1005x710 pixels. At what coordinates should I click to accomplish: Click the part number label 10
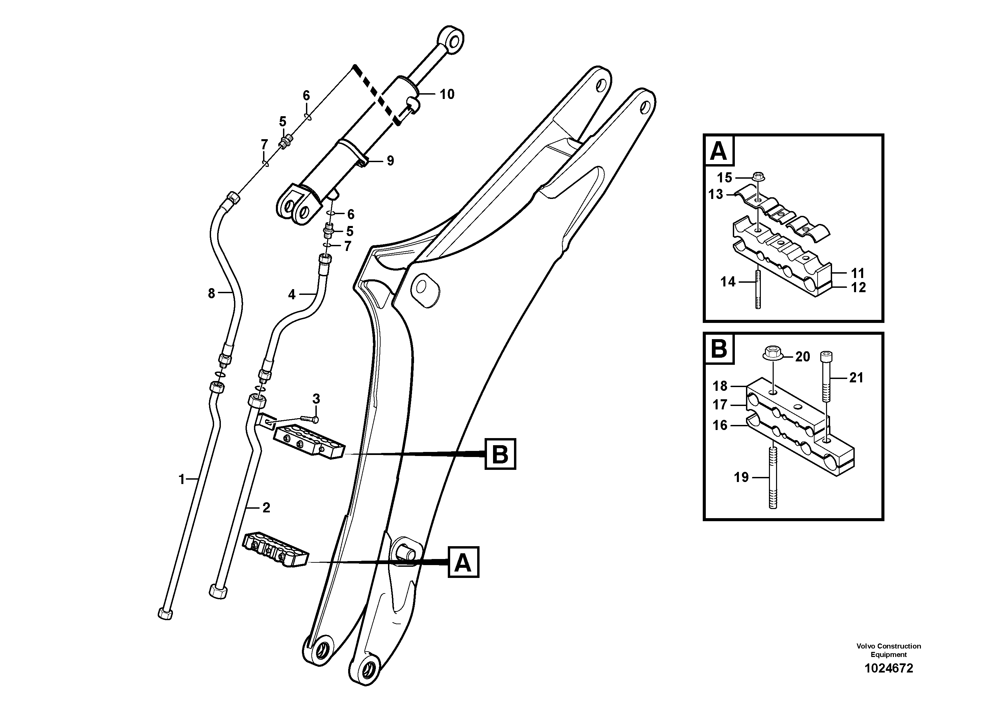(x=447, y=94)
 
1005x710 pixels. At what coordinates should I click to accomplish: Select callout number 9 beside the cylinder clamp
(x=390, y=161)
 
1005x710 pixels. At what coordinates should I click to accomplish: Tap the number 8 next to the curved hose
(x=211, y=293)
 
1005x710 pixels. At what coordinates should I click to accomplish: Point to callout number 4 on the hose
(x=292, y=295)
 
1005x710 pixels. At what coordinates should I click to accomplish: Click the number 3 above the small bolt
(x=316, y=399)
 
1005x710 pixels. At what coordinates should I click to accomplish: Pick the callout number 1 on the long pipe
(x=182, y=480)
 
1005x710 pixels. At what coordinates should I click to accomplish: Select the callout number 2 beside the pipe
(x=266, y=508)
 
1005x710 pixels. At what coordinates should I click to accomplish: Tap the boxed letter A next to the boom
(x=463, y=562)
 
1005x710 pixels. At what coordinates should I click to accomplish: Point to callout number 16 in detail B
(x=720, y=425)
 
